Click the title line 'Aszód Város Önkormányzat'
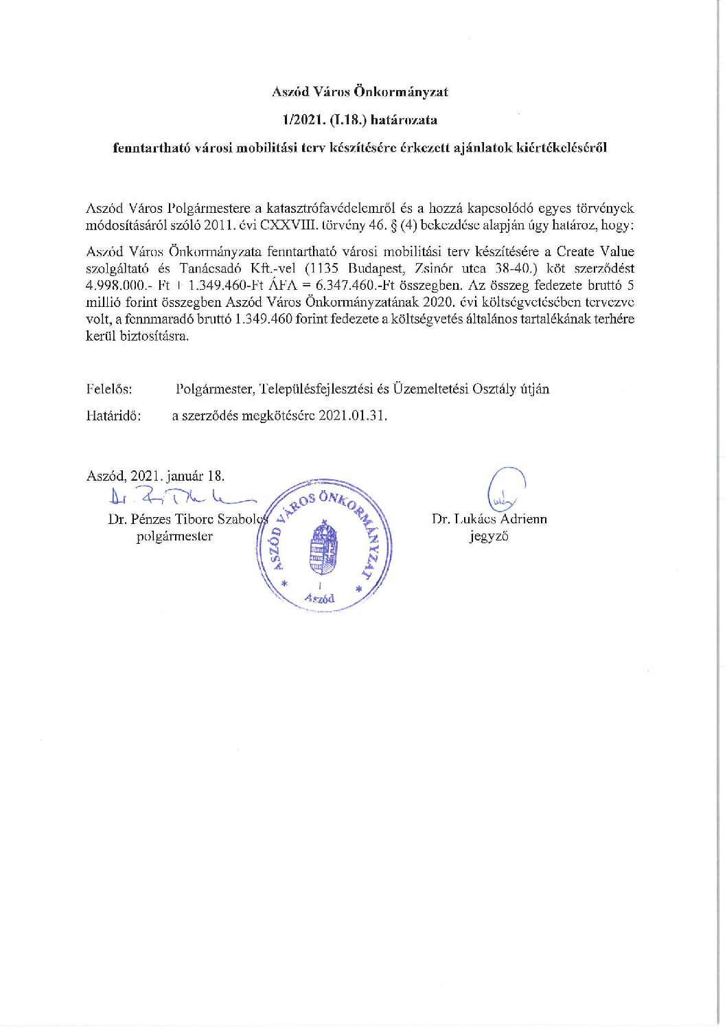coord(360,91)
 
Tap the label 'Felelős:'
coord(109,389)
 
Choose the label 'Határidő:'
coord(114,415)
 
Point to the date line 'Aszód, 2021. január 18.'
coord(155,475)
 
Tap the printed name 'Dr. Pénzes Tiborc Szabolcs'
coord(185,518)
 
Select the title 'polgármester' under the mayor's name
coord(174,536)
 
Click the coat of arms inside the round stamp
coord(321,549)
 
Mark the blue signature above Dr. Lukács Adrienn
coord(505,488)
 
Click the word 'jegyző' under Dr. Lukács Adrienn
coord(489,536)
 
